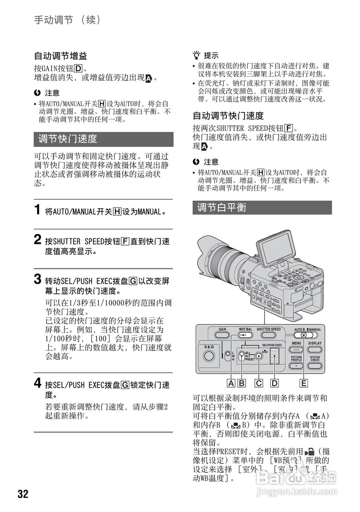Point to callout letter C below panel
click(259, 383)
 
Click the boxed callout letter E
click(304, 383)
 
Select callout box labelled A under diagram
click(231, 383)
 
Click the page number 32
click(23, 494)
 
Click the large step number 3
click(38, 279)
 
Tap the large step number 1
click(38, 210)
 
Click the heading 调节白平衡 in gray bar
click(222, 207)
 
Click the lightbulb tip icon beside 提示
click(196, 56)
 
